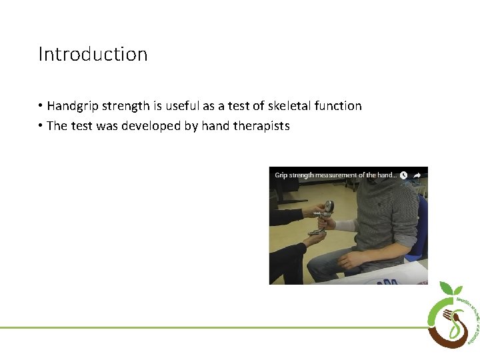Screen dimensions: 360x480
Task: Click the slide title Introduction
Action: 93,54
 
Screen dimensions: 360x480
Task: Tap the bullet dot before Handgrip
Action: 41,106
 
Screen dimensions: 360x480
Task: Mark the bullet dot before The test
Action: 41,126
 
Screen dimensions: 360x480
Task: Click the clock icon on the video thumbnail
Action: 403,175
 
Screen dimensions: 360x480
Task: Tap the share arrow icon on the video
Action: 417,175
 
